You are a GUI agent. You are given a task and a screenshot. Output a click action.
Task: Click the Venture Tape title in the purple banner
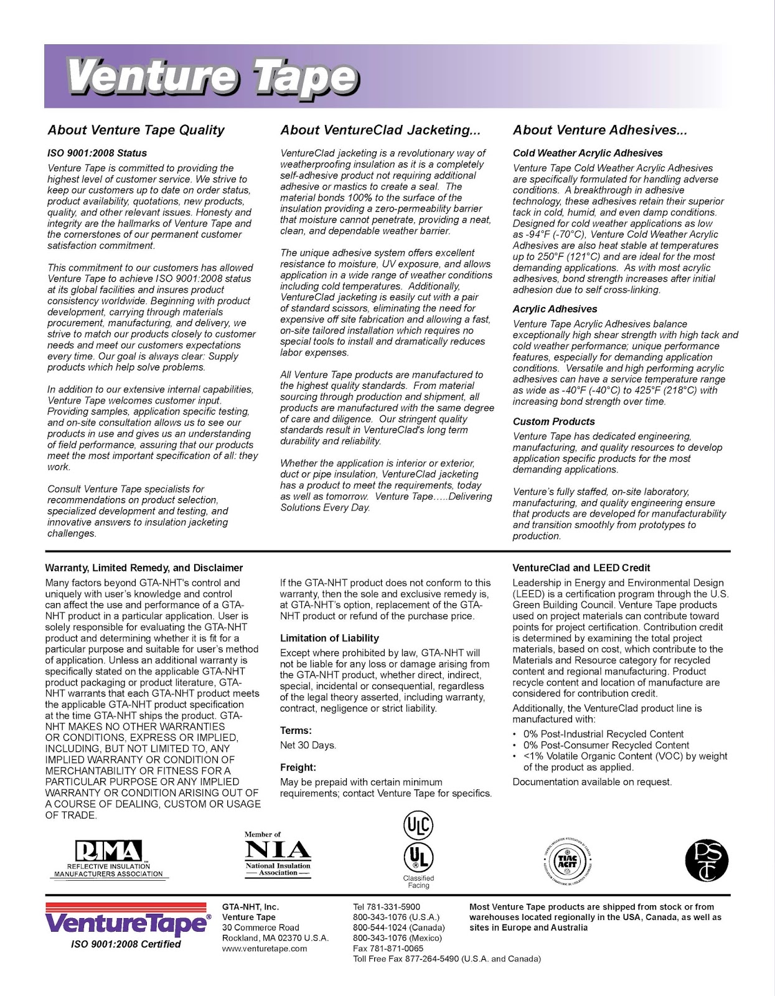pyautogui.click(x=212, y=77)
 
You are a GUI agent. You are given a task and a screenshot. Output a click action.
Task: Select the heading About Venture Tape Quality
pyautogui.click(x=136, y=130)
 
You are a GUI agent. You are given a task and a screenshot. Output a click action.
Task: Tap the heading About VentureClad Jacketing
pyautogui.click(x=380, y=130)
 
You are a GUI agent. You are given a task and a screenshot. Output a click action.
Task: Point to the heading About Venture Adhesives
pyautogui.click(x=599, y=130)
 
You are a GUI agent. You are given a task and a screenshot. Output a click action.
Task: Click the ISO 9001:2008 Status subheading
pyautogui.click(x=97, y=153)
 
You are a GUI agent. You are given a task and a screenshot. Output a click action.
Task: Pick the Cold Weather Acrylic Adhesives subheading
pyautogui.click(x=587, y=153)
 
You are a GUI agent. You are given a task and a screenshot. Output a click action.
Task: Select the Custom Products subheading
pyautogui.click(x=553, y=421)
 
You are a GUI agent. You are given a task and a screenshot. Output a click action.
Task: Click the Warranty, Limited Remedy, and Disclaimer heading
pyautogui.click(x=144, y=568)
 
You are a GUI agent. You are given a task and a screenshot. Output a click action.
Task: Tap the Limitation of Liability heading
pyautogui.click(x=329, y=638)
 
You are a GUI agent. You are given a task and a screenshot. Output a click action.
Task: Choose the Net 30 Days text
pyautogui.click(x=308, y=745)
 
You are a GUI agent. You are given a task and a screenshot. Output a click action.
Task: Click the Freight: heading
pyautogui.click(x=298, y=768)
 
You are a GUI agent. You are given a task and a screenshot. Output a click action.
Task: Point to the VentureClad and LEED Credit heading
pyautogui.click(x=581, y=568)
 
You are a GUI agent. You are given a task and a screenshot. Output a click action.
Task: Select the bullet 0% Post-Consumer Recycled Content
pyautogui.click(x=606, y=745)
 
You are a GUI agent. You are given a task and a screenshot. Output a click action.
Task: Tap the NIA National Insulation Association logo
pyautogui.click(x=278, y=855)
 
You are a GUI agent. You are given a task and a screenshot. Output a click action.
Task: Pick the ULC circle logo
pyautogui.click(x=418, y=825)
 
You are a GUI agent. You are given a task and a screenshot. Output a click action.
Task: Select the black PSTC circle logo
pyautogui.click(x=707, y=861)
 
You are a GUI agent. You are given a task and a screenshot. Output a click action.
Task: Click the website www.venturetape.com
pyautogui.click(x=265, y=949)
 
